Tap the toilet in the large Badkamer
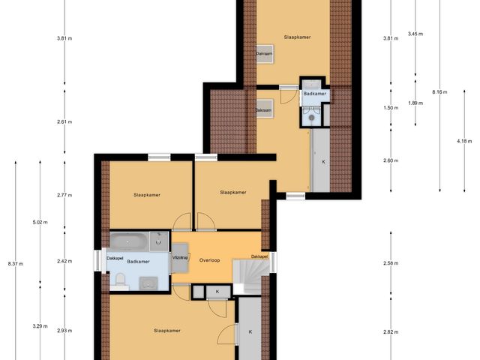pyautogui.click(x=120, y=280)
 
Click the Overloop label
pyautogui.click(x=210, y=259)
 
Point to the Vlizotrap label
pyautogui.click(x=180, y=257)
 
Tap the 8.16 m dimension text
pyautogui.click(x=439, y=92)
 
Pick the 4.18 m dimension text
pyautogui.click(x=465, y=141)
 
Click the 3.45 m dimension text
pyautogui.click(x=415, y=34)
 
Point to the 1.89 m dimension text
pyautogui.click(x=415, y=103)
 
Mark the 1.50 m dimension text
pyautogui.click(x=390, y=108)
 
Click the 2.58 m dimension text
pyautogui.click(x=390, y=263)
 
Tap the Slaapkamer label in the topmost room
pyautogui.click(x=297, y=36)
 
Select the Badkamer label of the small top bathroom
pyautogui.click(x=314, y=94)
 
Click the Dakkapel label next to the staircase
pyautogui.click(x=259, y=256)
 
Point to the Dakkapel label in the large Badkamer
pyautogui.click(x=115, y=258)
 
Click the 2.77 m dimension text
pyautogui.click(x=64, y=195)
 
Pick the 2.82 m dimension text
pyautogui.click(x=390, y=331)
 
